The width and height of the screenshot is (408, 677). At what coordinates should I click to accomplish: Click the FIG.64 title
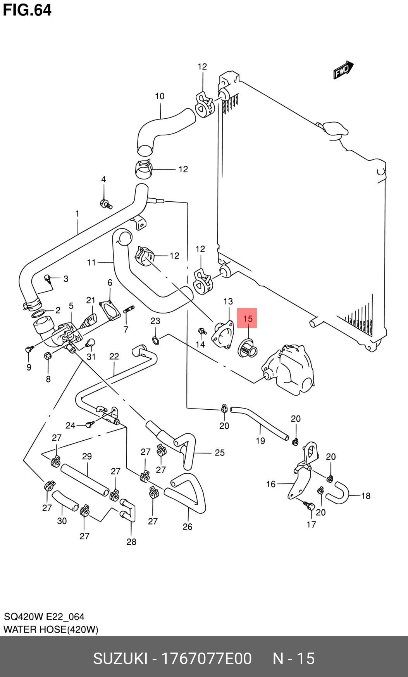[27, 10]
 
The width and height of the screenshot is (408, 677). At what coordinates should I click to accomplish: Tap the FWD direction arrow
[343, 70]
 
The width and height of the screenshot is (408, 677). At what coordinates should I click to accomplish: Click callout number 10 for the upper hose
[160, 96]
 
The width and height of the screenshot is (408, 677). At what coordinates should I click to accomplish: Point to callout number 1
[77, 213]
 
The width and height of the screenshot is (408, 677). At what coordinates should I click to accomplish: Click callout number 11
[91, 262]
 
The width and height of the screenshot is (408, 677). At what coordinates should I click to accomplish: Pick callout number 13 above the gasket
[228, 301]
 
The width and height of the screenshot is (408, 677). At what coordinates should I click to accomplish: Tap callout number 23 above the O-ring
[155, 321]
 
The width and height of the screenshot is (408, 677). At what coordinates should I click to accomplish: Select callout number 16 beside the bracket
[271, 484]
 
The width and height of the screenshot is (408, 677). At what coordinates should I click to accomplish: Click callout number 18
[365, 495]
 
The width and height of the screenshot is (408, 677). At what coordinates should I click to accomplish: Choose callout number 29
[87, 456]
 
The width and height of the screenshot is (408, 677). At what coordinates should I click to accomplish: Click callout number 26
[187, 526]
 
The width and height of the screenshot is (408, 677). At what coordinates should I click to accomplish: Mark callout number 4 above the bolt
[103, 179]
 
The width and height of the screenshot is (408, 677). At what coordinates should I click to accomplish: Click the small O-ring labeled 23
[155, 341]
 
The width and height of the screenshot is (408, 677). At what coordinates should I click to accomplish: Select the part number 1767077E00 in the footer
[206, 658]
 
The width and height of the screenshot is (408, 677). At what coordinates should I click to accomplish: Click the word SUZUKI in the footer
[120, 658]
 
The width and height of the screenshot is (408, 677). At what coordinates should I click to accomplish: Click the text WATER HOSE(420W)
[51, 629]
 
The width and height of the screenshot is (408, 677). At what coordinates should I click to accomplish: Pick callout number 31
[91, 356]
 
